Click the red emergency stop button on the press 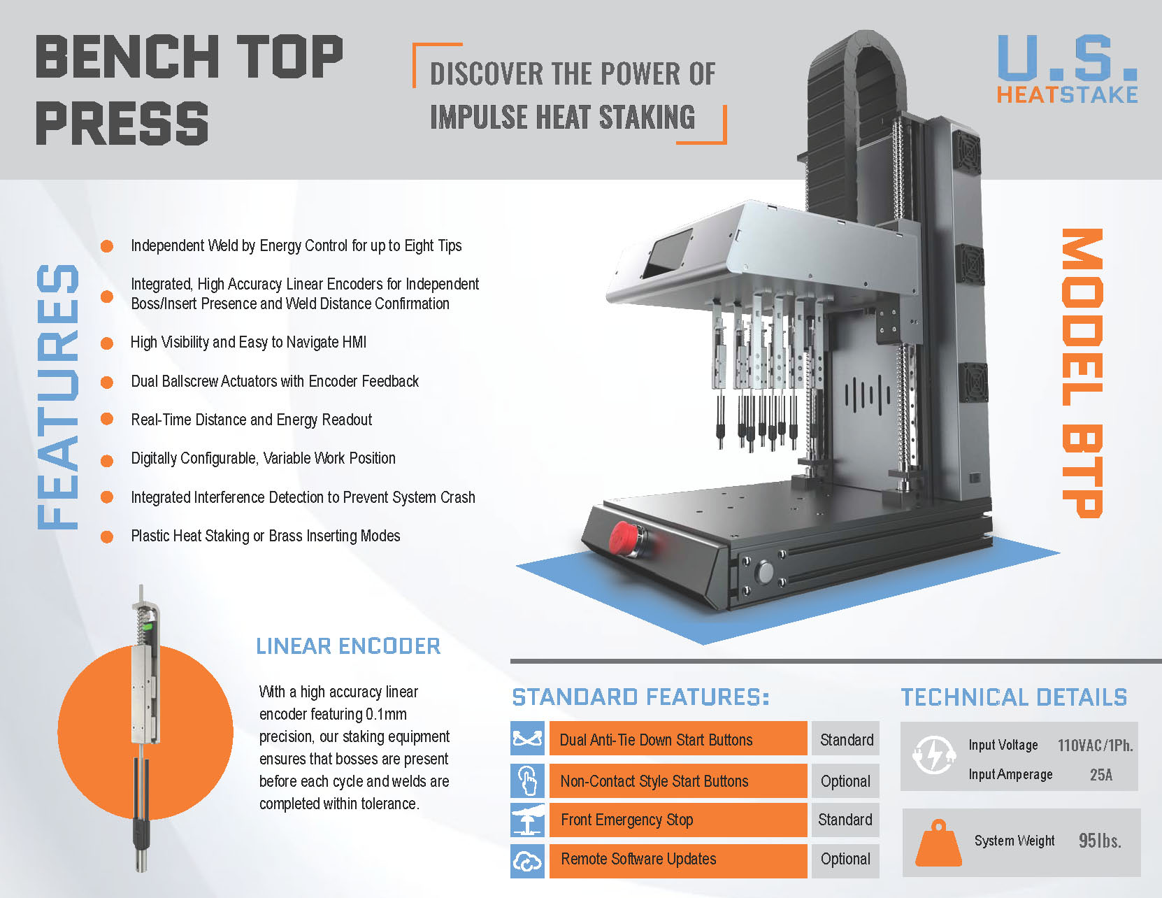pyautogui.click(x=624, y=538)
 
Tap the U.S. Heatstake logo pyautogui.click(x=1068, y=69)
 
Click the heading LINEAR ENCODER pyautogui.click(x=348, y=646)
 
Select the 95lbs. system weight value pyautogui.click(x=1100, y=840)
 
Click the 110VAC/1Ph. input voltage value pyautogui.click(x=1095, y=745)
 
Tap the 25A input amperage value pyautogui.click(x=1101, y=774)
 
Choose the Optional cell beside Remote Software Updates pyautogui.click(x=845, y=859)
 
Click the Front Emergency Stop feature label pyautogui.click(x=626, y=820)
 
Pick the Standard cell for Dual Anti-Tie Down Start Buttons pyautogui.click(x=845, y=739)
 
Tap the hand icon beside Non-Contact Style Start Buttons pyautogui.click(x=527, y=781)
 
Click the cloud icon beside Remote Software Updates pyautogui.click(x=527, y=860)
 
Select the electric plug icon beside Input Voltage pyautogui.click(x=933, y=755)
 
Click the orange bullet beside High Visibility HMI pyautogui.click(x=107, y=343)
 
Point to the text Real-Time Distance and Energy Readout pyautogui.click(x=251, y=420)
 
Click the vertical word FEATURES pyautogui.click(x=58, y=397)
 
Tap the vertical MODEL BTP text pyautogui.click(x=1082, y=373)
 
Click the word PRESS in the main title pyautogui.click(x=122, y=123)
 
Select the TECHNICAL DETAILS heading pyautogui.click(x=1014, y=697)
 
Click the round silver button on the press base pyautogui.click(x=766, y=571)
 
